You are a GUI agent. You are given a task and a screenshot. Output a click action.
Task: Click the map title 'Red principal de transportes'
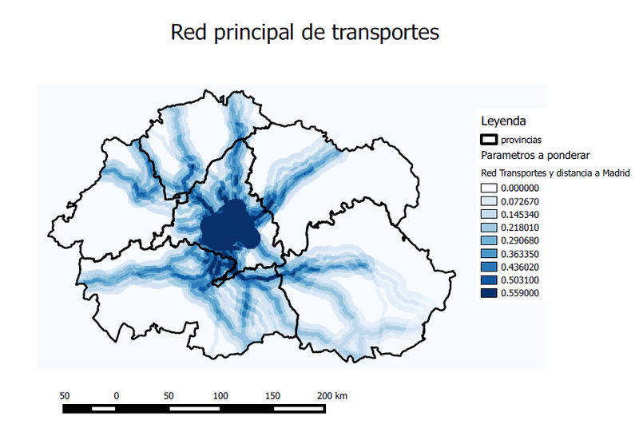[x=306, y=34]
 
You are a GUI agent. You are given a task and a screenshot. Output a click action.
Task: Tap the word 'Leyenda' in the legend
[x=502, y=121]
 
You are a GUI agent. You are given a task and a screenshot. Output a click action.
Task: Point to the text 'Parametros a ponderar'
[x=534, y=155]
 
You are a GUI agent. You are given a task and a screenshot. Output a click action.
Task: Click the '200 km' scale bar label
[x=332, y=395]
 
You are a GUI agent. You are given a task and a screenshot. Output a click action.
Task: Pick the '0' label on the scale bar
[x=117, y=395]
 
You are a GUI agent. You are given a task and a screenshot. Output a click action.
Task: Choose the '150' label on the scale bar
[x=273, y=395]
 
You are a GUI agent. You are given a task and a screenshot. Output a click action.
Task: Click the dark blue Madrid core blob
[x=229, y=227]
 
